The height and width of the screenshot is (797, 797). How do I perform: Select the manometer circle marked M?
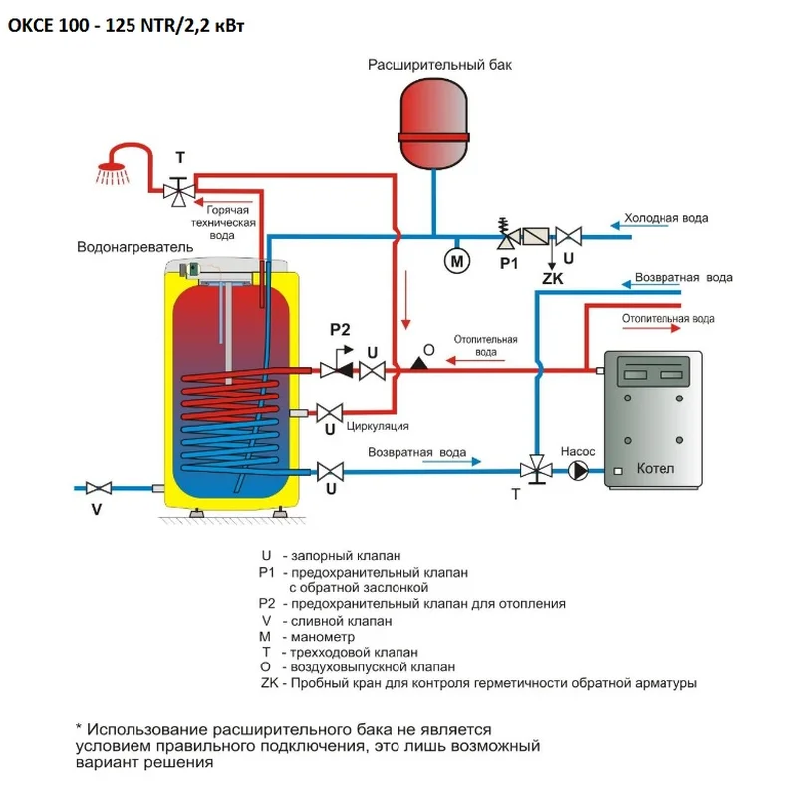click(x=455, y=261)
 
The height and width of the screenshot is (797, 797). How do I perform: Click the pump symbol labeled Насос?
click(x=579, y=471)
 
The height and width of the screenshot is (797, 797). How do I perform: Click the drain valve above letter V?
click(x=98, y=488)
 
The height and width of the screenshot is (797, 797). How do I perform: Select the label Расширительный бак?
click(x=440, y=65)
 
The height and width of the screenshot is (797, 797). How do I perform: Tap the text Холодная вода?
click(x=664, y=218)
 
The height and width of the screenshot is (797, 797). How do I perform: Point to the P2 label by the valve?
click(x=340, y=330)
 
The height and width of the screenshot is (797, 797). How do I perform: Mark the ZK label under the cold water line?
click(x=552, y=280)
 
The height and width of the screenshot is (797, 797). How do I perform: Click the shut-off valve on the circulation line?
click(x=329, y=411)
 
